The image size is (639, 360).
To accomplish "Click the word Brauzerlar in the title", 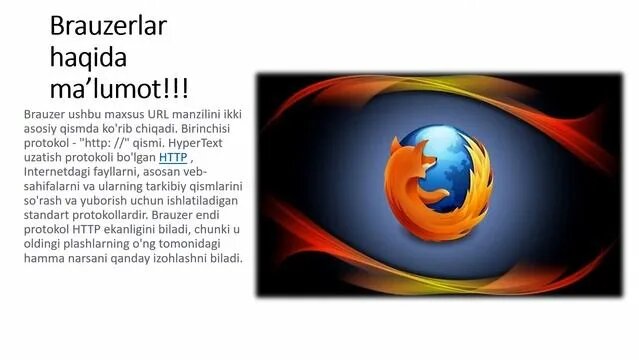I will pyautogui.click(x=110, y=24).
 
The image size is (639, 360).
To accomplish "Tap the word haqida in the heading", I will pyautogui.click(x=89, y=54).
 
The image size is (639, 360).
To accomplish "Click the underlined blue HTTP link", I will pyautogui.click(x=173, y=157).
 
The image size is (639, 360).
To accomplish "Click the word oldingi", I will pyautogui.click(x=46, y=244).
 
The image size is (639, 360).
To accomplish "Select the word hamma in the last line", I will pyautogui.click(x=45, y=258).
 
